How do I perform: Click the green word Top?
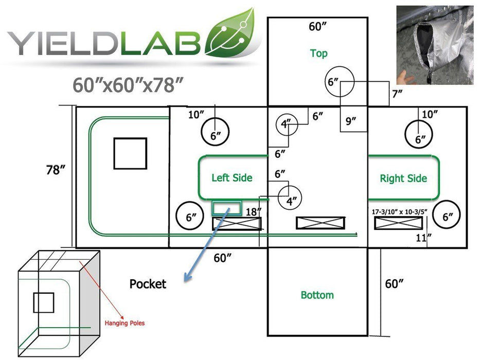318,53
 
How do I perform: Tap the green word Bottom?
317,295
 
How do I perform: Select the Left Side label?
232,178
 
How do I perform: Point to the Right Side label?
403,178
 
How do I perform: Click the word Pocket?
148,284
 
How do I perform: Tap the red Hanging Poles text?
125,323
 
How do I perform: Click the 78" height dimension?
56,170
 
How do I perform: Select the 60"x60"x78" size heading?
128,85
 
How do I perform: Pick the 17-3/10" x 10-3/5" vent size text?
399,212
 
